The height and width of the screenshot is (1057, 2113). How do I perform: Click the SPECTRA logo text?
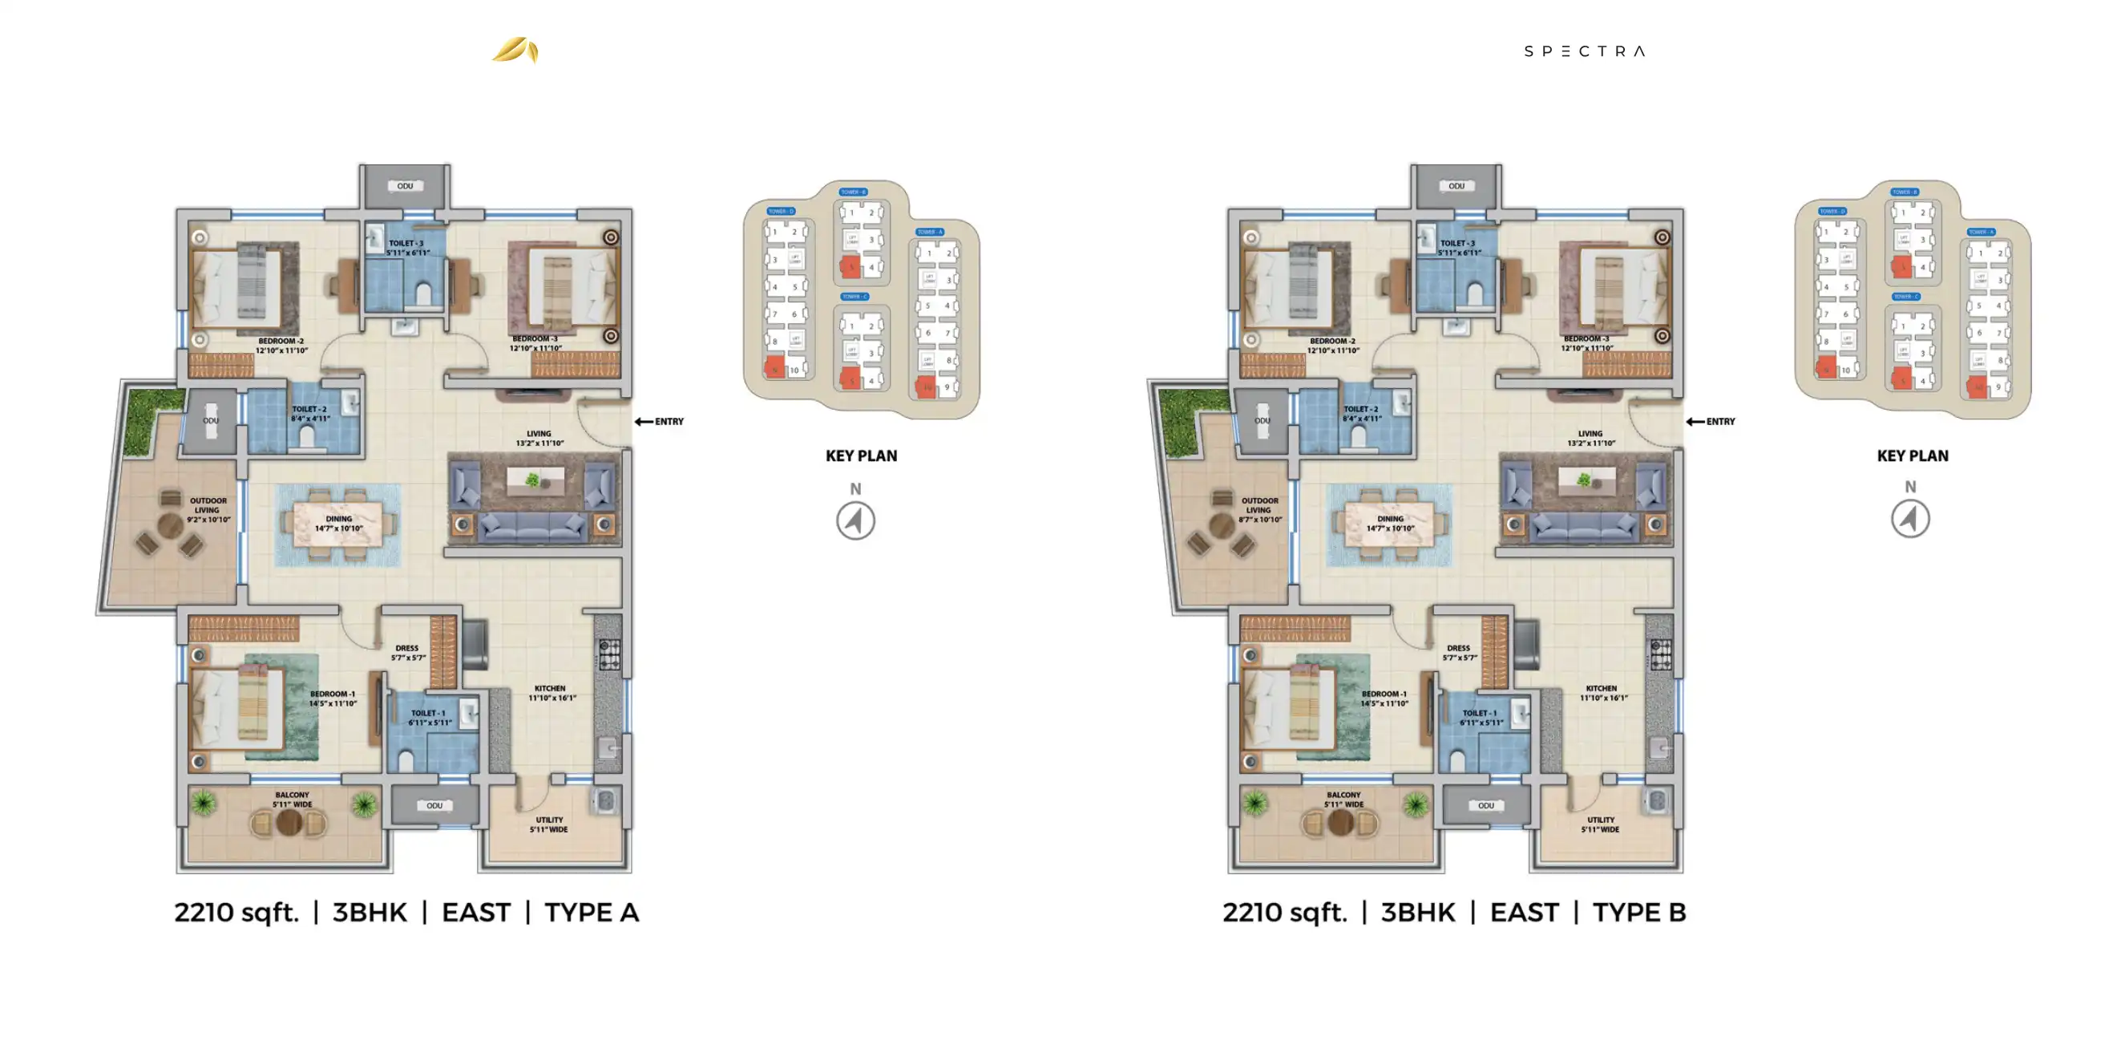pyautogui.click(x=1584, y=51)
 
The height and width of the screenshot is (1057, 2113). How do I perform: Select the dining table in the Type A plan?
pyautogui.click(x=338, y=524)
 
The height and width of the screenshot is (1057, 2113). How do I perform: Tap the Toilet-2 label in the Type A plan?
pyautogui.click(x=310, y=413)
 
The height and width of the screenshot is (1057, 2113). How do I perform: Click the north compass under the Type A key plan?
pyautogui.click(x=855, y=520)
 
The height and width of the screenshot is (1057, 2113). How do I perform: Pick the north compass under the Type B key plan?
pyautogui.click(x=1909, y=519)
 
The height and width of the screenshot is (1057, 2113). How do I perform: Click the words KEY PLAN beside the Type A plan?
pyautogui.click(x=861, y=456)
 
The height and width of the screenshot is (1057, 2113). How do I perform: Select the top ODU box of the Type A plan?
pyautogui.click(x=406, y=186)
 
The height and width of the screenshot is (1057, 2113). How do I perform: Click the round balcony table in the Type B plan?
pyautogui.click(x=1340, y=822)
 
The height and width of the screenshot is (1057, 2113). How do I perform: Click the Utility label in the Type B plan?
pyautogui.click(x=1600, y=824)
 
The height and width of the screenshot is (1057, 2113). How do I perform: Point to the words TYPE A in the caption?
pyautogui.click(x=592, y=913)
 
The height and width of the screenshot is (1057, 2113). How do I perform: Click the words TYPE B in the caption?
pyautogui.click(x=1639, y=913)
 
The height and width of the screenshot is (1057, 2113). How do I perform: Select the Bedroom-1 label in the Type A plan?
pyautogui.click(x=333, y=699)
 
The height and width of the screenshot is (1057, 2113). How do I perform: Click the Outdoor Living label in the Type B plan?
pyautogui.click(x=1260, y=509)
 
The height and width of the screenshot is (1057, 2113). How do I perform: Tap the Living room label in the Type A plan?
pyautogui.click(x=539, y=438)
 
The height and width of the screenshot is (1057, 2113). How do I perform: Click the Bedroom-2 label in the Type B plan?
pyautogui.click(x=1333, y=346)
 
